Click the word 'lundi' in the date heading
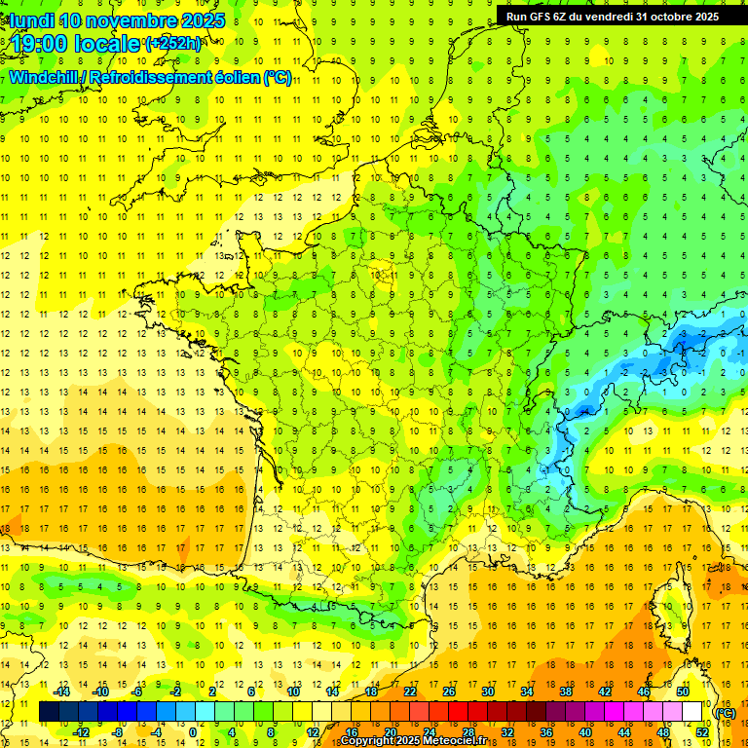click(x=31, y=20)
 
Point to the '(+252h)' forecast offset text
click(x=173, y=43)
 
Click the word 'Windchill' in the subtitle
click(x=47, y=77)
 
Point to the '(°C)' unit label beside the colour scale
click(x=725, y=712)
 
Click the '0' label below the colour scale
click(x=192, y=732)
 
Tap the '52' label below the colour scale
click(x=702, y=732)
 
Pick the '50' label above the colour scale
click(x=682, y=692)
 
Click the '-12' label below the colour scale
click(x=81, y=732)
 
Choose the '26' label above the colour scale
click(x=448, y=692)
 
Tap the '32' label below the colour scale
click(x=506, y=732)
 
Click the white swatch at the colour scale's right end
click(x=692, y=712)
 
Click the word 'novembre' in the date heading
click(x=131, y=20)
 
